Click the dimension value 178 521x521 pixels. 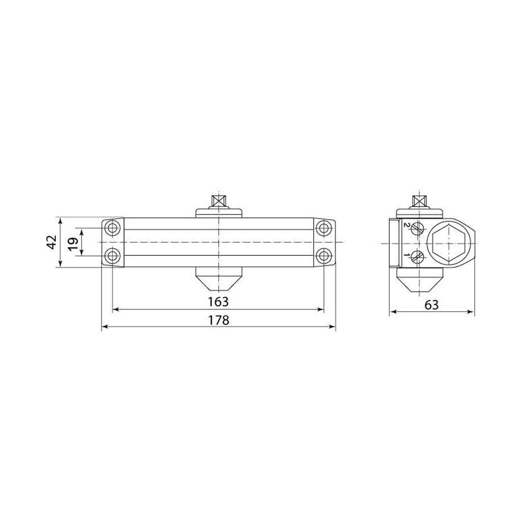pyautogui.click(x=219, y=320)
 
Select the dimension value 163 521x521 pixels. pyautogui.click(x=218, y=302)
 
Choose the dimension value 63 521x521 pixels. pyautogui.click(x=431, y=305)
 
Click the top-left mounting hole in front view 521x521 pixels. pyautogui.click(x=112, y=228)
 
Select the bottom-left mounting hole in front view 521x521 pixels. pyautogui.click(x=112, y=256)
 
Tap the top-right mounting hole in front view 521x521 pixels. pyautogui.click(x=323, y=228)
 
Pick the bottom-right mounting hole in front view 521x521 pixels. pyautogui.click(x=323, y=256)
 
